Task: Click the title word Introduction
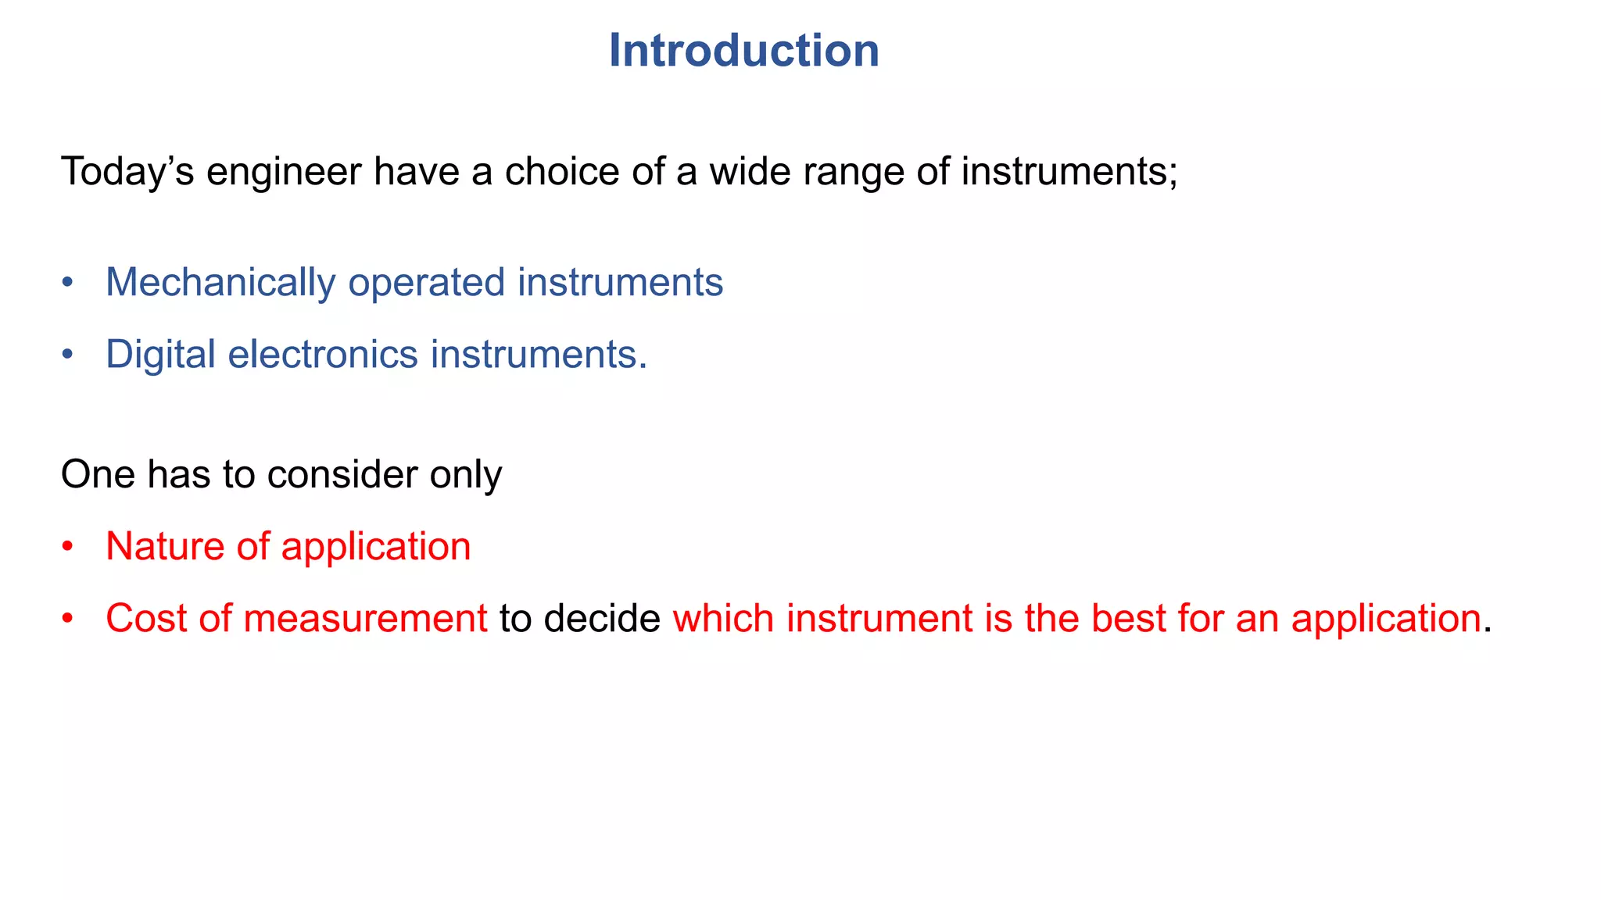pos(743,51)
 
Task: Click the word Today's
pos(127,172)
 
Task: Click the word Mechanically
pos(220,283)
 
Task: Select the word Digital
pos(160,355)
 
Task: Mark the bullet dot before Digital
pos(68,354)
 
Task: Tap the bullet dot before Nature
pos(68,545)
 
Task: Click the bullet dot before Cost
pos(68,618)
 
